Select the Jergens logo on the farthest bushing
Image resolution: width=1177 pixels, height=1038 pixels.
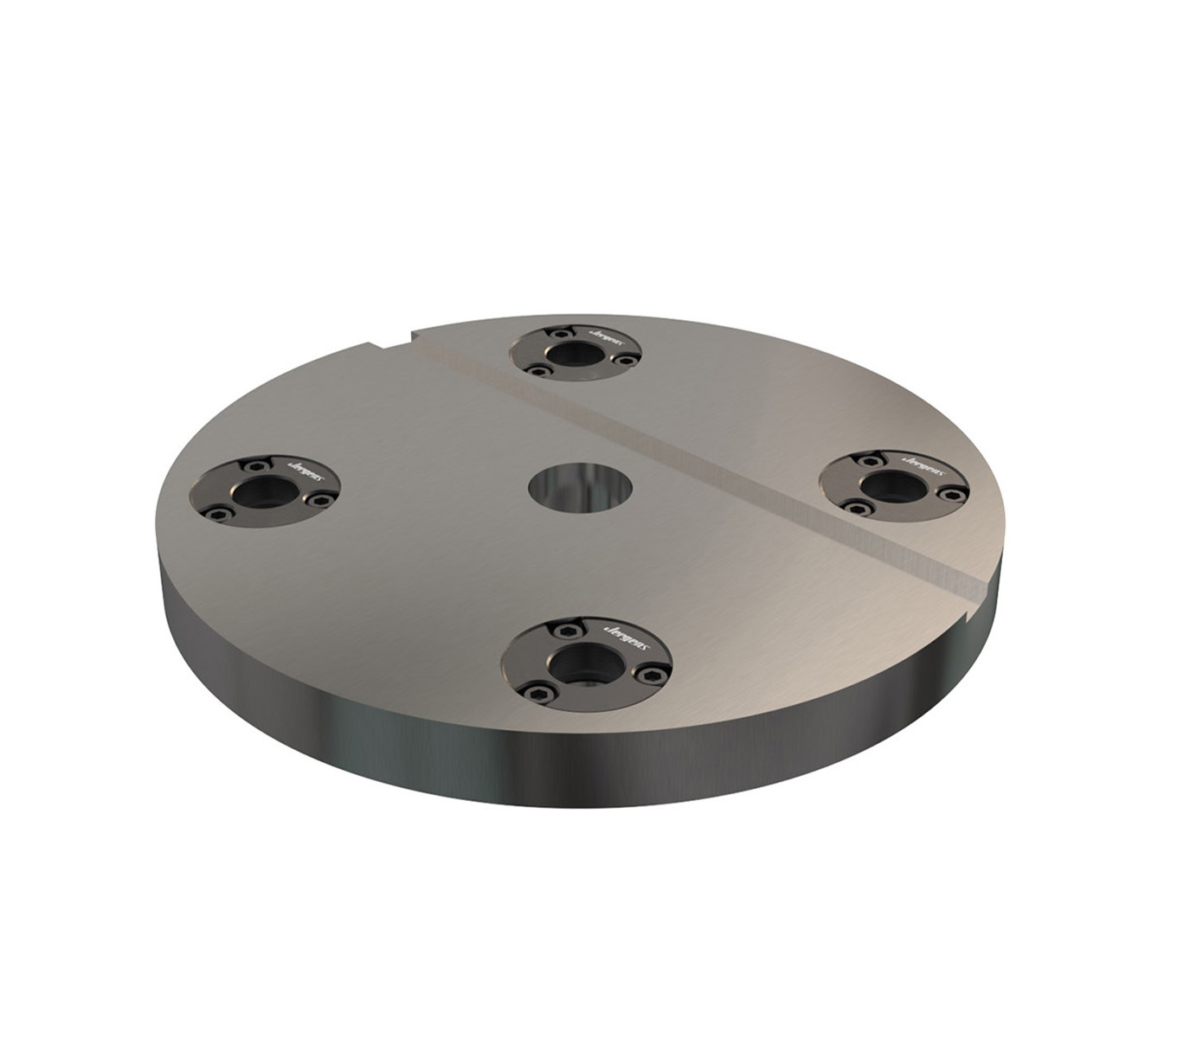603,331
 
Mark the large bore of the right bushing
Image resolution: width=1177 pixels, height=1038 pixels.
891,486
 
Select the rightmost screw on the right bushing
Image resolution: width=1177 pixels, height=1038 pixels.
953,494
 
